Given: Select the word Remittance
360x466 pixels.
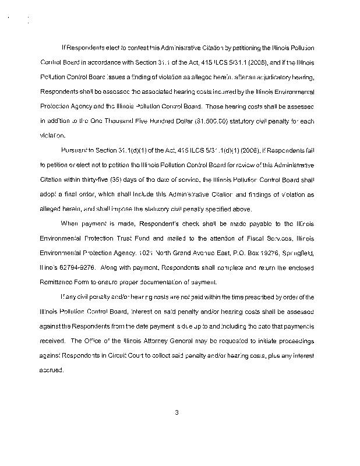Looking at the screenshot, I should tap(57, 283).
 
